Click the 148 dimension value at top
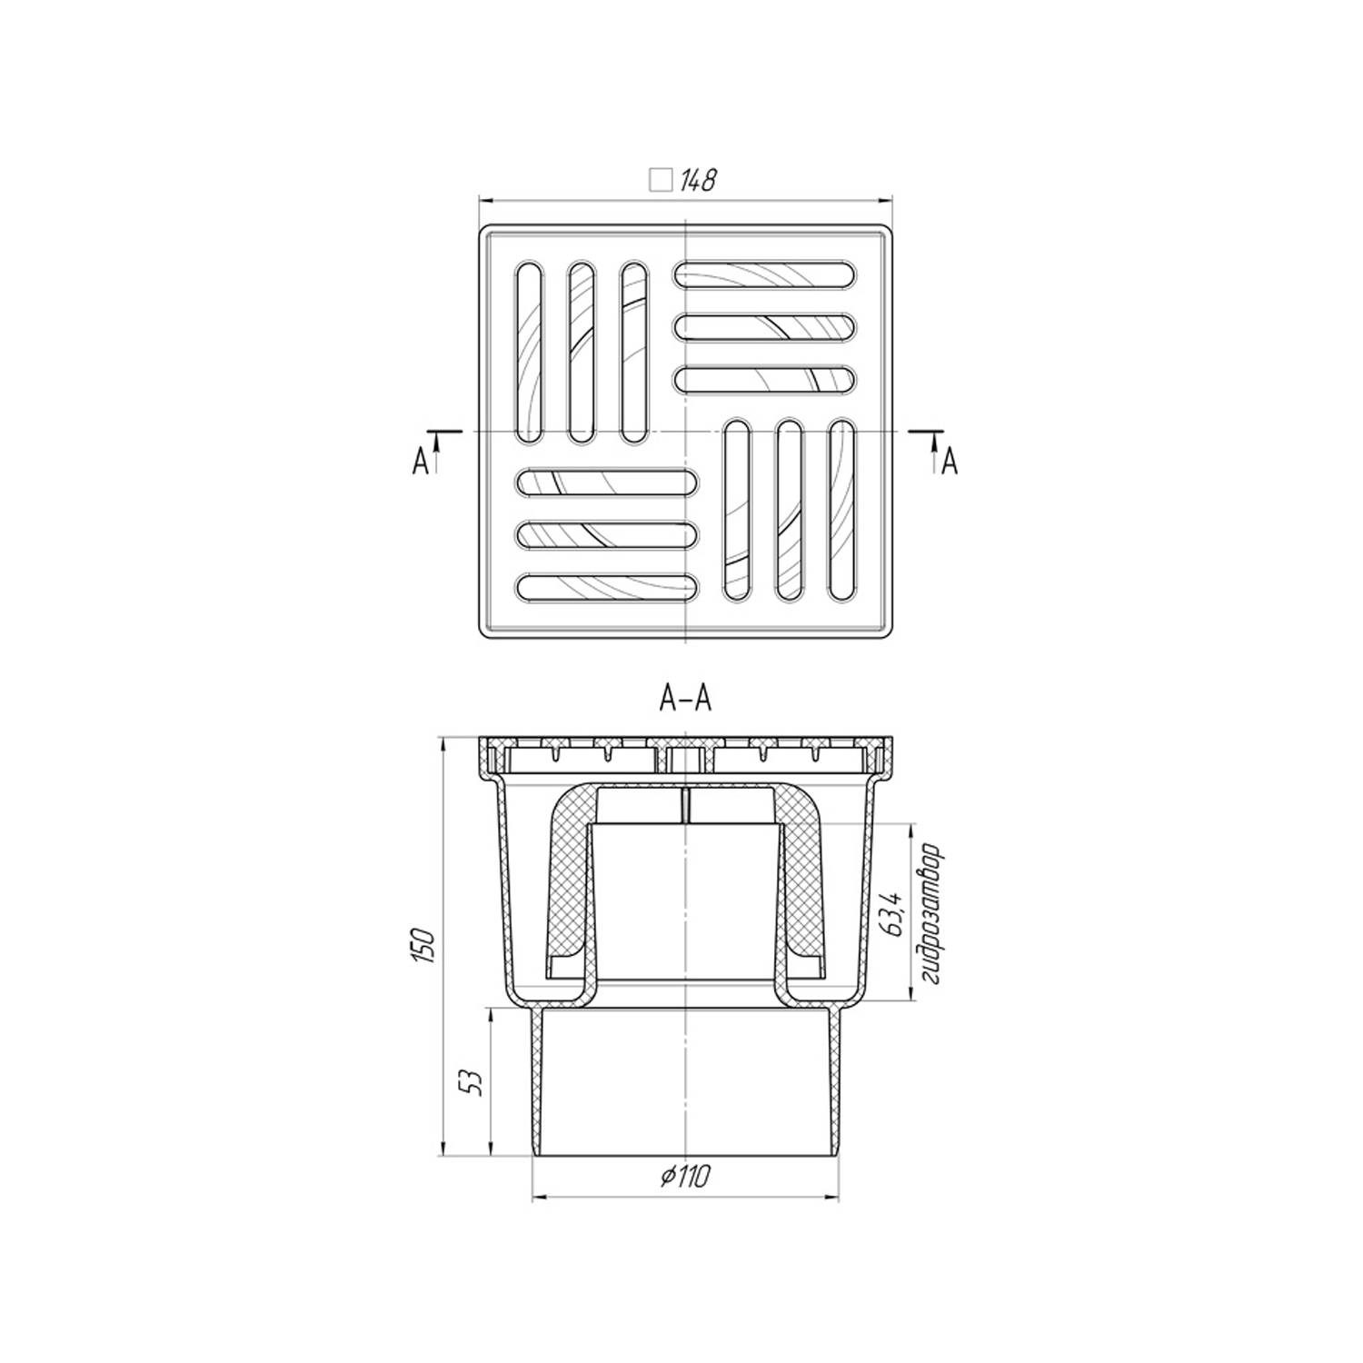tap(698, 181)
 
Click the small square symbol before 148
tap(661, 181)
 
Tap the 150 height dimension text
tap(428, 948)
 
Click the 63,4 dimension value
tap(894, 914)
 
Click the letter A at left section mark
tap(420, 463)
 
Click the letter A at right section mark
tap(950, 463)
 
